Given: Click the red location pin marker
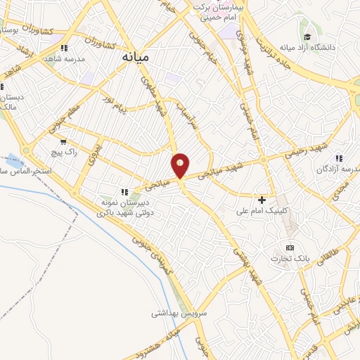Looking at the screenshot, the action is [180, 165].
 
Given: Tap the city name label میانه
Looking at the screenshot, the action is [136, 56].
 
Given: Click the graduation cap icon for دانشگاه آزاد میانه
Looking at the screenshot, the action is [307, 37].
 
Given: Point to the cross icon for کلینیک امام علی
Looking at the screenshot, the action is [262, 200].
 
